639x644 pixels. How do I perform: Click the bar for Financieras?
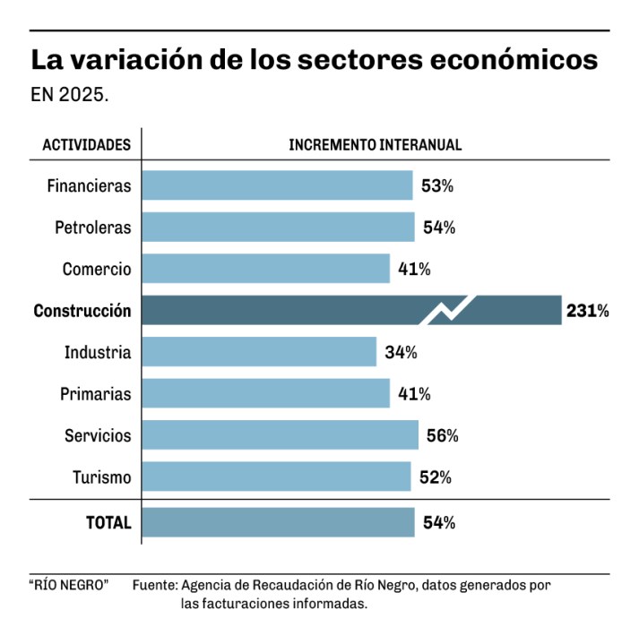[x=278, y=185]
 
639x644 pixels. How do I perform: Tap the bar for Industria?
[x=260, y=352]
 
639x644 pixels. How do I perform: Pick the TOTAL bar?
[x=279, y=522]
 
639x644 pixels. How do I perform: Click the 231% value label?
[x=588, y=311]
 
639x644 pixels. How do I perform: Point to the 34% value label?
[x=402, y=352]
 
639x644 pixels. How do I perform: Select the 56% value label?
[x=442, y=435]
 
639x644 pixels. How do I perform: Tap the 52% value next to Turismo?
[x=435, y=477]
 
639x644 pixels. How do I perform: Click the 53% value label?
[x=437, y=186]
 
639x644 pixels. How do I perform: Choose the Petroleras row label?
[x=92, y=228]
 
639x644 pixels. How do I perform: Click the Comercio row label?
[x=97, y=269]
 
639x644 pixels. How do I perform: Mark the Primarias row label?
[x=95, y=394]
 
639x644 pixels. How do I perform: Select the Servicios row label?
[x=98, y=435]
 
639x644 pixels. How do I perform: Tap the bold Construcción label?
[x=82, y=311]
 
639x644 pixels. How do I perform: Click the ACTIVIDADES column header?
[x=87, y=144]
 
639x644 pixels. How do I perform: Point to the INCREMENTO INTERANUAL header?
[x=376, y=144]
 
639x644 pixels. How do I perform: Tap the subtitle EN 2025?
[x=70, y=94]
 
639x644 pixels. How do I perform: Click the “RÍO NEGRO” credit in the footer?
[x=69, y=585]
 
